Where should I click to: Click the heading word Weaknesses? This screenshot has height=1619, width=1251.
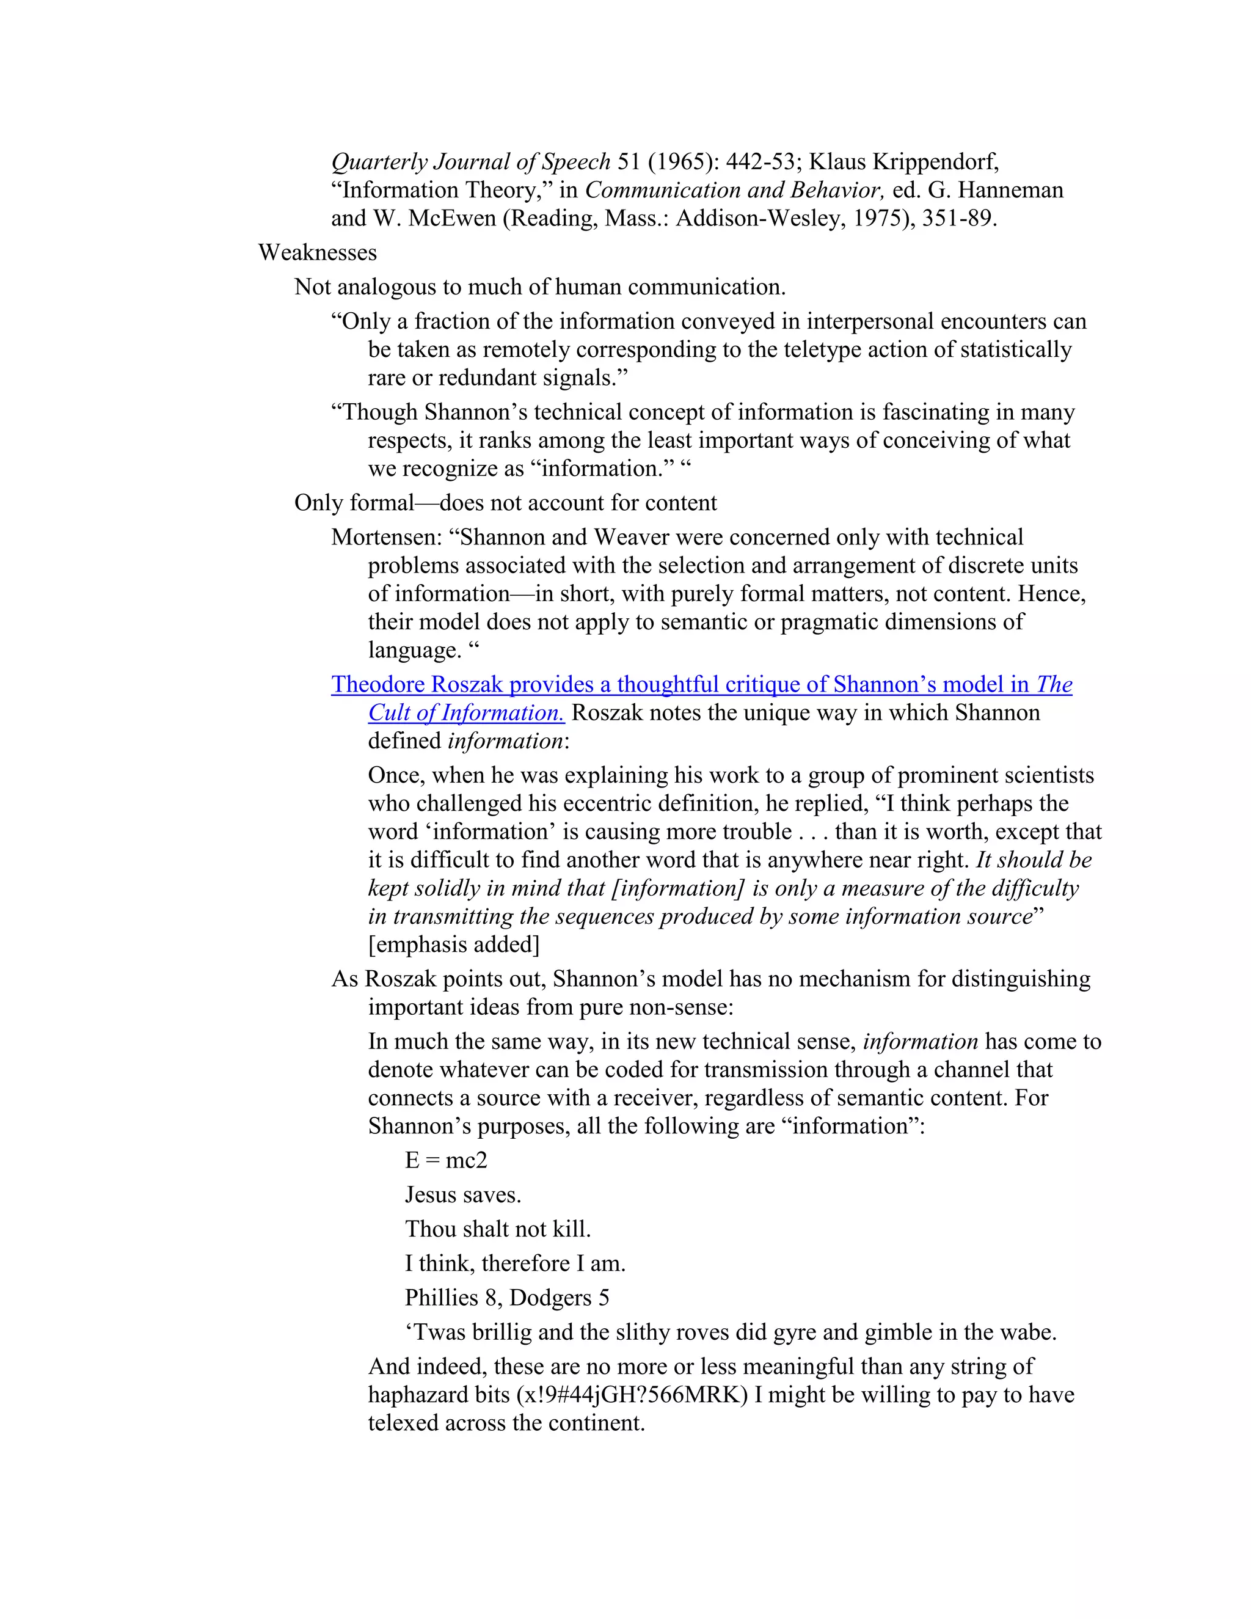[317, 253]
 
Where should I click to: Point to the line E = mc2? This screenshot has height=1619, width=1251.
[446, 1160]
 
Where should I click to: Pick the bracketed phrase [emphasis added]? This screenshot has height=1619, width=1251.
[454, 945]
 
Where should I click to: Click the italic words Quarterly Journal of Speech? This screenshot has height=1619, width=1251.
[470, 162]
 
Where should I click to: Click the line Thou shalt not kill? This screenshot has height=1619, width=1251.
[498, 1229]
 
